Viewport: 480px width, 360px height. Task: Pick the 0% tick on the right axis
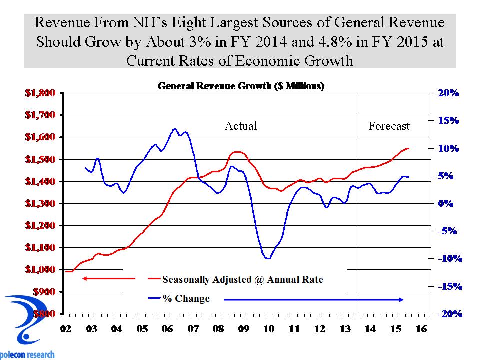pos(443,204)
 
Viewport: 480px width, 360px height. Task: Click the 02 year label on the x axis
pos(65,330)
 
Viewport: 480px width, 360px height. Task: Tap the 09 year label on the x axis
pos(243,330)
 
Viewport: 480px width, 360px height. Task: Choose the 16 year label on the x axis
pos(421,330)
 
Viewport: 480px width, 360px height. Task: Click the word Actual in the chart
pos(241,126)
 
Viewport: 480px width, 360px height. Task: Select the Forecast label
pos(389,126)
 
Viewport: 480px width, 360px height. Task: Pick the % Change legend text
pos(186,299)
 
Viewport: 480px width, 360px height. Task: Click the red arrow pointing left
pos(108,278)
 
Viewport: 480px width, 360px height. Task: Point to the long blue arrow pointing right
pos(314,299)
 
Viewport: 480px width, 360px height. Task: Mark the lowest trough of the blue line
pos(268,258)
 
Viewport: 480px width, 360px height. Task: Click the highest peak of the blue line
pos(174,129)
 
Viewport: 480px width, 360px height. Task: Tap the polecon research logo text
pos(27,354)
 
